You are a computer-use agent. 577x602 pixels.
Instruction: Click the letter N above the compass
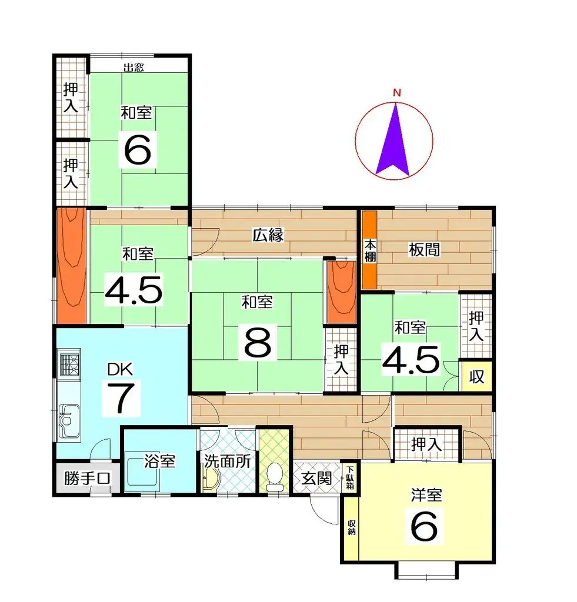(x=397, y=92)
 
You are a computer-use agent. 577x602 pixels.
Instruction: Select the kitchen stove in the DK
(x=68, y=363)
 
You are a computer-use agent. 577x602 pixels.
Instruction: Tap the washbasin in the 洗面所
(x=210, y=480)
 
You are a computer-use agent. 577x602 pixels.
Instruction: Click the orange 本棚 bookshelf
(x=369, y=249)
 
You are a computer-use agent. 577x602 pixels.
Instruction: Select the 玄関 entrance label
(x=316, y=478)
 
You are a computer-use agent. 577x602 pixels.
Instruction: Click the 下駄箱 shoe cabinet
(x=350, y=478)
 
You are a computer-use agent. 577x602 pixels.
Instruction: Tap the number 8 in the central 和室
(x=258, y=343)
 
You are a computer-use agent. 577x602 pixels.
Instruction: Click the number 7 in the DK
(x=120, y=399)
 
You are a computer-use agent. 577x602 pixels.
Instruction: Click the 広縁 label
(x=269, y=236)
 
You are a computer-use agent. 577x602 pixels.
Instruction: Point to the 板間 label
(x=423, y=250)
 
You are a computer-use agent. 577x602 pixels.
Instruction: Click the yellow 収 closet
(x=476, y=376)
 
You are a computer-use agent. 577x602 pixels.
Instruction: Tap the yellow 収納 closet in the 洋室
(x=351, y=527)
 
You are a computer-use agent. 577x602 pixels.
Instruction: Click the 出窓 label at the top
(x=134, y=67)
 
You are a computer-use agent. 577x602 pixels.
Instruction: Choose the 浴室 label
(x=160, y=460)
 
